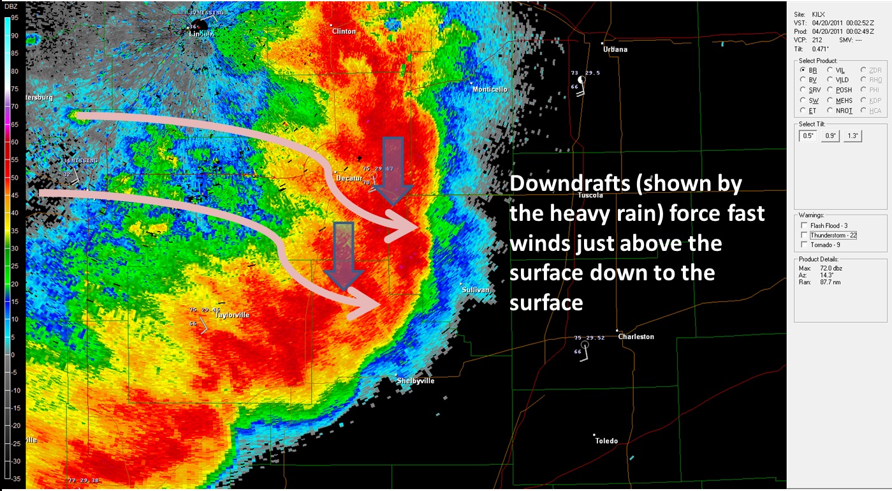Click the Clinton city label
coord(344,31)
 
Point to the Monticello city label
coord(490,89)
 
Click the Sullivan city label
coord(476,290)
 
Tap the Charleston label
coord(636,336)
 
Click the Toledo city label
coord(606,441)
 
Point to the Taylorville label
coord(232,315)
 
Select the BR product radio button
coord(803,70)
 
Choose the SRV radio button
coord(803,90)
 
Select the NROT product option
coord(831,110)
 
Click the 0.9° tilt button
coord(830,135)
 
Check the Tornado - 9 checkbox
coord(804,245)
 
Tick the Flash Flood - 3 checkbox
coord(804,225)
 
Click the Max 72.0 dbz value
coord(828,268)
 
